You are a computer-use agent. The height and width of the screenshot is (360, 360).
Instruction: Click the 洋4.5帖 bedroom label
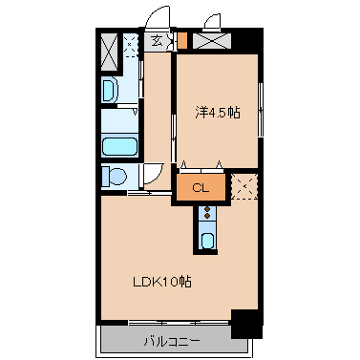click(218, 113)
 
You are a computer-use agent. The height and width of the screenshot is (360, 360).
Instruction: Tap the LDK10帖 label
click(162, 282)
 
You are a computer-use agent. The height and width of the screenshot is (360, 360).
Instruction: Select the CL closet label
click(201, 188)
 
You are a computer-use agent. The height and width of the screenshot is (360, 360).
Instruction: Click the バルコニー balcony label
click(172, 342)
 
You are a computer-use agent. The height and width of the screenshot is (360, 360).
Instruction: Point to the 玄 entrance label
click(157, 41)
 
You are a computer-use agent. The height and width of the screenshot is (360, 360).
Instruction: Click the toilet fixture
click(115, 176)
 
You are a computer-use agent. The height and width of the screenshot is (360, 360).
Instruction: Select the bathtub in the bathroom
click(119, 146)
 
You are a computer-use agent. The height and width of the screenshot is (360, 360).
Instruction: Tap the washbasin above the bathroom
click(110, 90)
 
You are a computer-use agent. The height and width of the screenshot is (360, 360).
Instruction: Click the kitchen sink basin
click(207, 241)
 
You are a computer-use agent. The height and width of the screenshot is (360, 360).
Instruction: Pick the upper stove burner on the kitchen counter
click(207, 209)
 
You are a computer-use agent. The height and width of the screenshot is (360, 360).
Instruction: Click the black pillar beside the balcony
click(247, 324)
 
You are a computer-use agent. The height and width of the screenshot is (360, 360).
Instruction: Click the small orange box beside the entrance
click(181, 40)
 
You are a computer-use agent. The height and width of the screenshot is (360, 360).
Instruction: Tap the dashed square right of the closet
click(244, 186)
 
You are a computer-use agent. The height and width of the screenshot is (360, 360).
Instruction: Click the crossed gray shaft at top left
click(110, 52)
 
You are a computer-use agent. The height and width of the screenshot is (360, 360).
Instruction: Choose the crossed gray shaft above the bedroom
click(212, 41)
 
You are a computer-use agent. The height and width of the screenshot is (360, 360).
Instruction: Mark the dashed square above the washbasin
click(130, 45)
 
